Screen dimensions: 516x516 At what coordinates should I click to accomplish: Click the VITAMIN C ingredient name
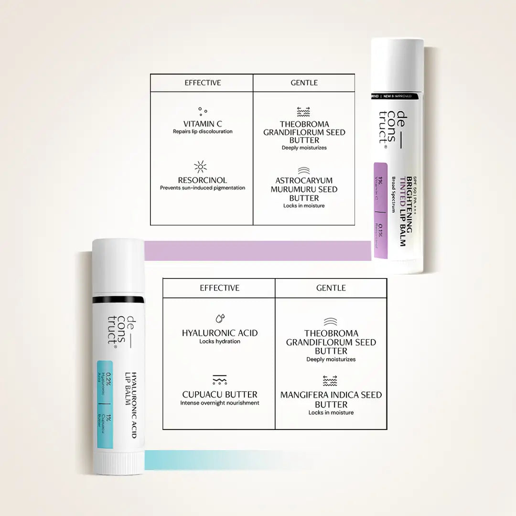(x=203, y=124)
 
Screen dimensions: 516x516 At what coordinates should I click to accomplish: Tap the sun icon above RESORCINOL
(x=201, y=167)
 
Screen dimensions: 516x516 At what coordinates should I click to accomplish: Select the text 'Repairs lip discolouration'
(x=203, y=131)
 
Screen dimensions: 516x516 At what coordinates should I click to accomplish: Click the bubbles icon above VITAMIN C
(x=203, y=111)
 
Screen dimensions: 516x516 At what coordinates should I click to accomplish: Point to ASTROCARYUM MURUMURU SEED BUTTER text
(x=304, y=189)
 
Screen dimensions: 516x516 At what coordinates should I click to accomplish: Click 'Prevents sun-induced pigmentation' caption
(x=203, y=188)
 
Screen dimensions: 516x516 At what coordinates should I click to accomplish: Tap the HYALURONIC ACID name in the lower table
(x=220, y=333)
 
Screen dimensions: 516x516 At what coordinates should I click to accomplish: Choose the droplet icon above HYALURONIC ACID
(x=220, y=318)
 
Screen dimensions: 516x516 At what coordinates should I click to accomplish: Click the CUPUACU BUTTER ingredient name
(x=220, y=395)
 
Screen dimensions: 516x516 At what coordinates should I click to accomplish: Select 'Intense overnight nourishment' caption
(x=220, y=403)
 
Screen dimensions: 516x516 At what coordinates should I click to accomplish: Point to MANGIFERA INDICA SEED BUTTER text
(x=331, y=399)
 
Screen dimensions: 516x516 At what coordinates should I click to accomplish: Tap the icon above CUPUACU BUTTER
(x=220, y=380)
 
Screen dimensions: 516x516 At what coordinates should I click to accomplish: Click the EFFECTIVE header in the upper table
(x=203, y=83)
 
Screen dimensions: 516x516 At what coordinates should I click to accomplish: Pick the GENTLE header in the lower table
(x=331, y=288)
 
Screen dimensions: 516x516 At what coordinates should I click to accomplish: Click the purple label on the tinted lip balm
(x=380, y=210)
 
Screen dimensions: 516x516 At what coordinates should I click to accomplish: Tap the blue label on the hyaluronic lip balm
(x=105, y=404)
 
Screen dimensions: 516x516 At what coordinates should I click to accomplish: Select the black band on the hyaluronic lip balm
(x=118, y=300)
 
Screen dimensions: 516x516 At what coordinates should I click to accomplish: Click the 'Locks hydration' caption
(x=220, y=342)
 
